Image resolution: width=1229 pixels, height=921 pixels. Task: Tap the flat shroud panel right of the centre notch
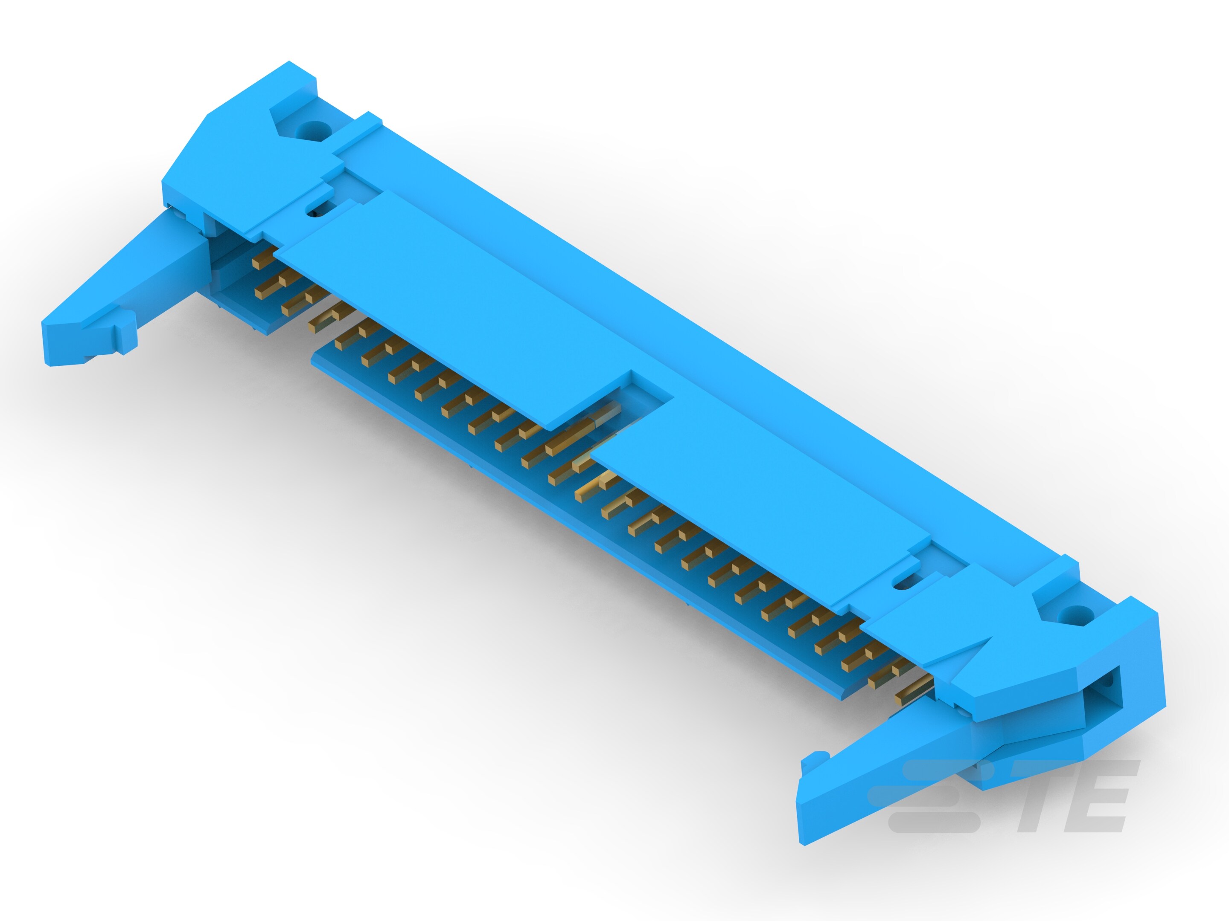tap(761, 500)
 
